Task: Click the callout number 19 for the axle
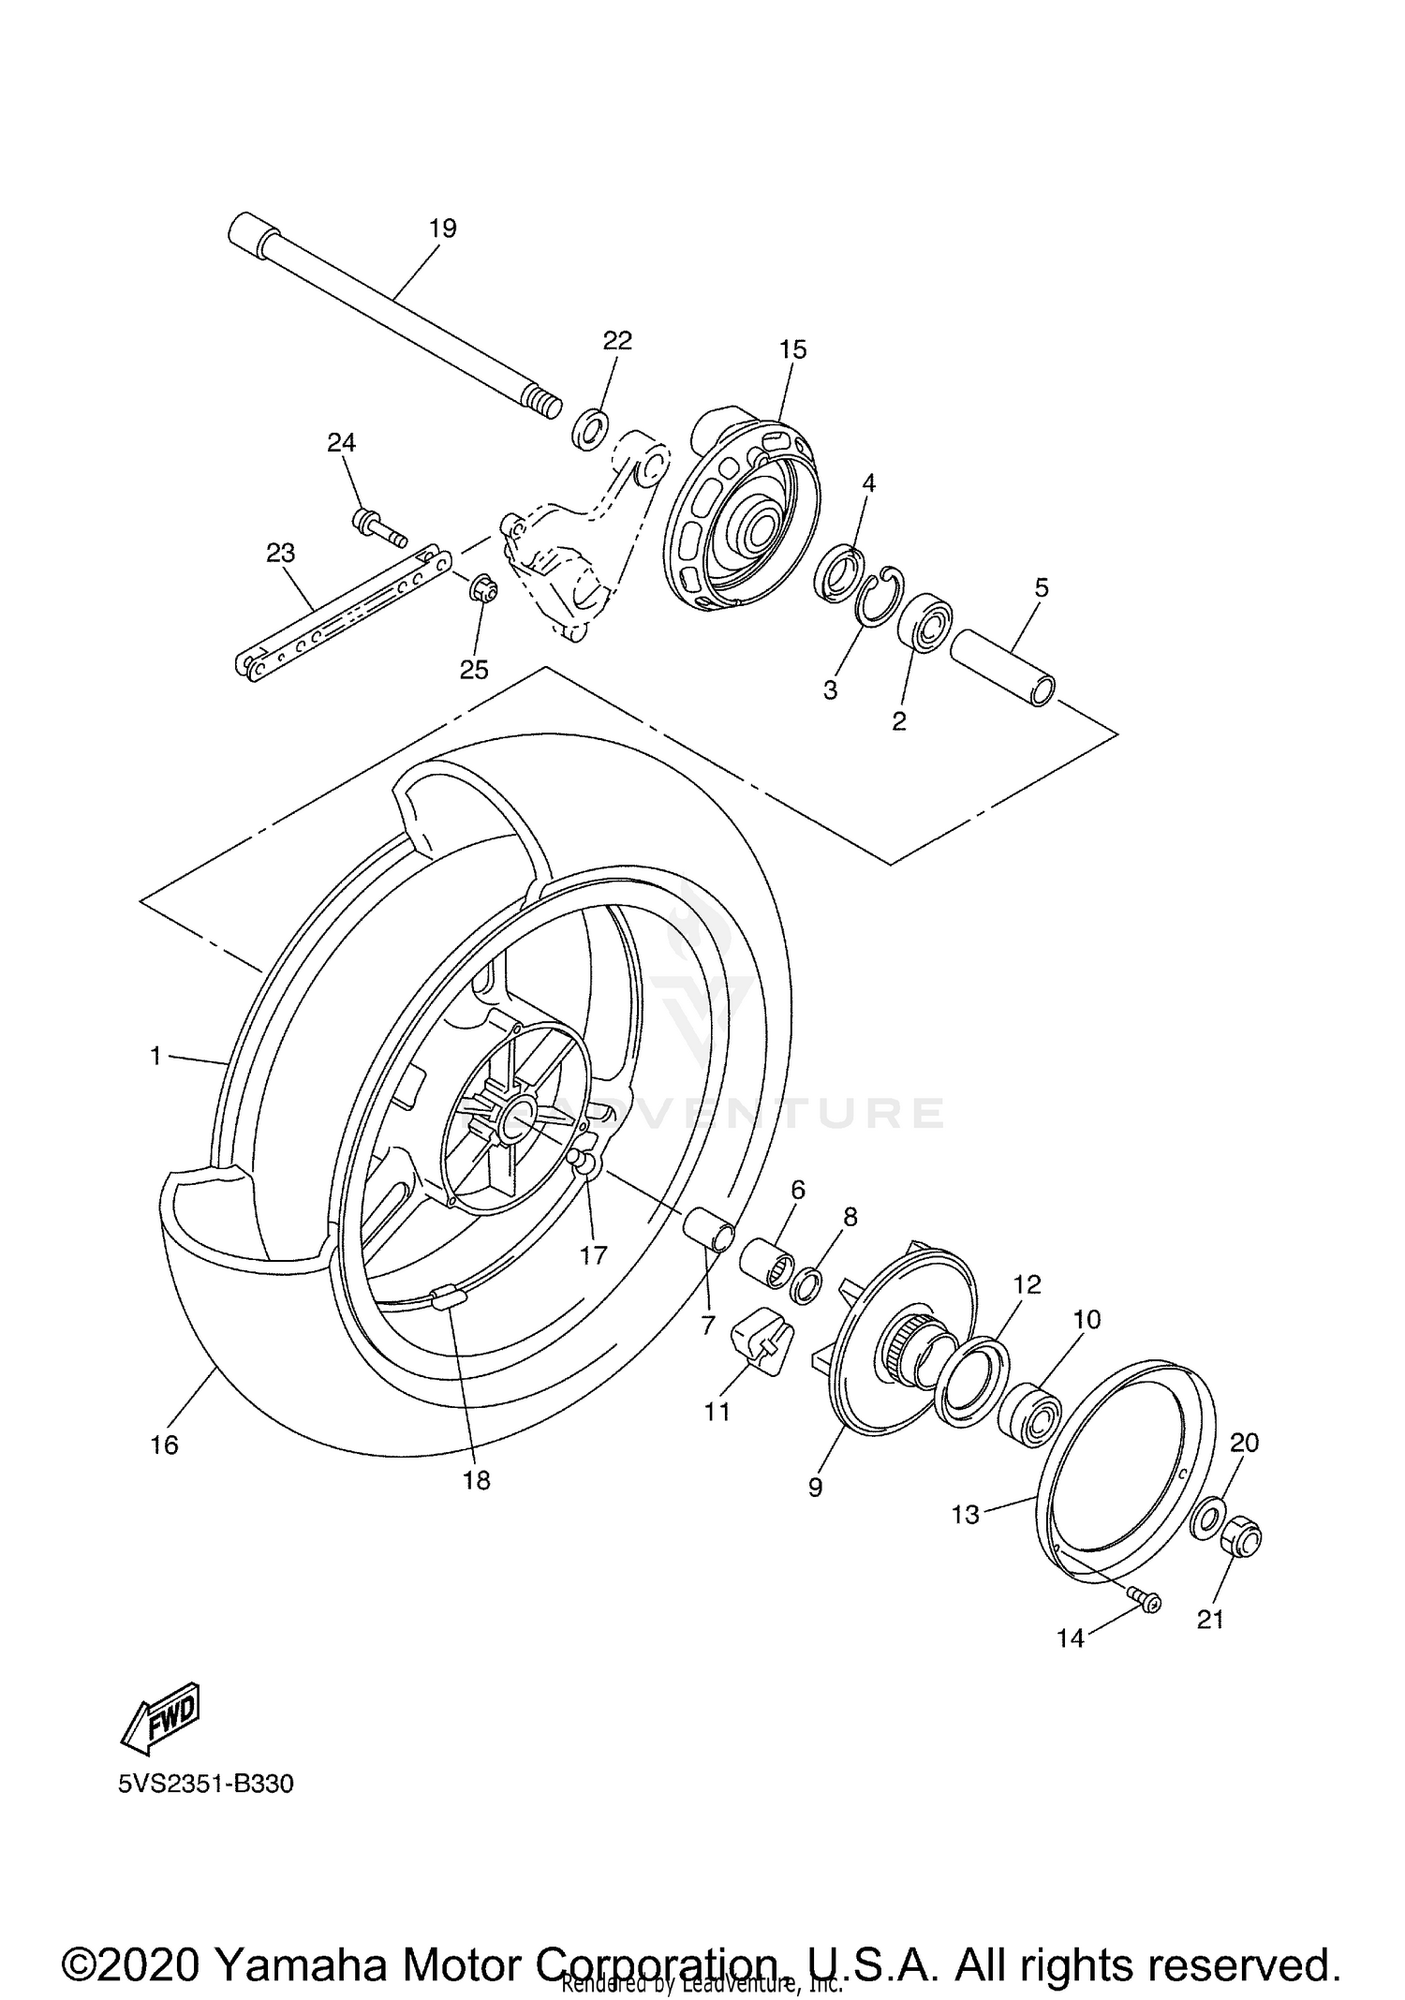(442, 228)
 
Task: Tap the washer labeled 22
(588, 428)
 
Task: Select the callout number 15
(792, 349)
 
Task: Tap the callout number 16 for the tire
(164, 1445)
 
